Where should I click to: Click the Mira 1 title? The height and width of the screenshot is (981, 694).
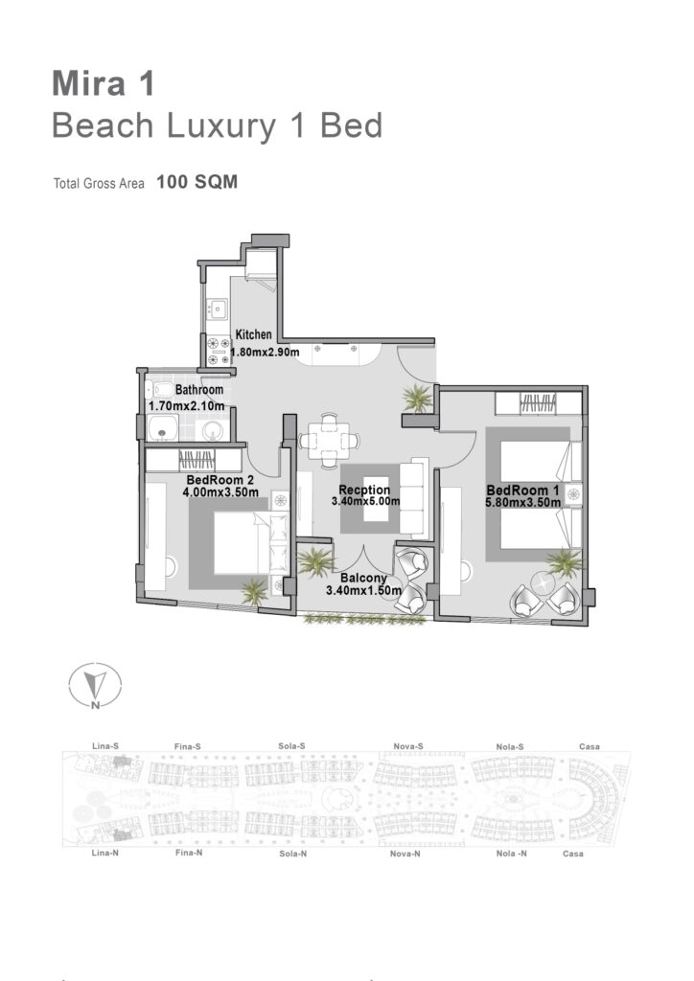(x=104, y=84)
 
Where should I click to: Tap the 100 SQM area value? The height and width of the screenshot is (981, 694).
(x=197, y=182)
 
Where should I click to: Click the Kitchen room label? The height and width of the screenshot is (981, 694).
(x=253, y=334)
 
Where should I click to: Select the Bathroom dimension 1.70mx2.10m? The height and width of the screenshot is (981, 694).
(x=187, y=406)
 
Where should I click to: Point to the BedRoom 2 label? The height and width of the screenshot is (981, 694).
(x=220, y=480)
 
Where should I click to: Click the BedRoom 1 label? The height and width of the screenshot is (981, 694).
(x=523, y=490)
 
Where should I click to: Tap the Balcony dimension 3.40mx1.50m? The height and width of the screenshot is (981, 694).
(x=363, y=590)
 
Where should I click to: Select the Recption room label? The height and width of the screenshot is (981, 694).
(x=364, y=490)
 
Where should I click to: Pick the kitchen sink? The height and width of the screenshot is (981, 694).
(x=219, y=308)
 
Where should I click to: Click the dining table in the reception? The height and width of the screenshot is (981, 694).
(x=329, y=441)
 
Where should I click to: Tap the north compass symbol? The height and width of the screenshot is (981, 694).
(x=95, y=686)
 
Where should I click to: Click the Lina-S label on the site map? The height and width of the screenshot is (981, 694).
(x=105, y=745)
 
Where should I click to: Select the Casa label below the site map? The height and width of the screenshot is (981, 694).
(x=572, y=854)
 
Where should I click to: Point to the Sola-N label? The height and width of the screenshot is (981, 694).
(x=293, y=854)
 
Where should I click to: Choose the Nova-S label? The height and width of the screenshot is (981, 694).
(x=408, y=745)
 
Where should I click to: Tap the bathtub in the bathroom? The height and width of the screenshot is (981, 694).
(x=163, y=428)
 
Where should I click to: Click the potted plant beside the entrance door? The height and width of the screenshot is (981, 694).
(x=417, y=398)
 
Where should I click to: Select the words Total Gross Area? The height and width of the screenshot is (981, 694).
(x=99, y=183)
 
